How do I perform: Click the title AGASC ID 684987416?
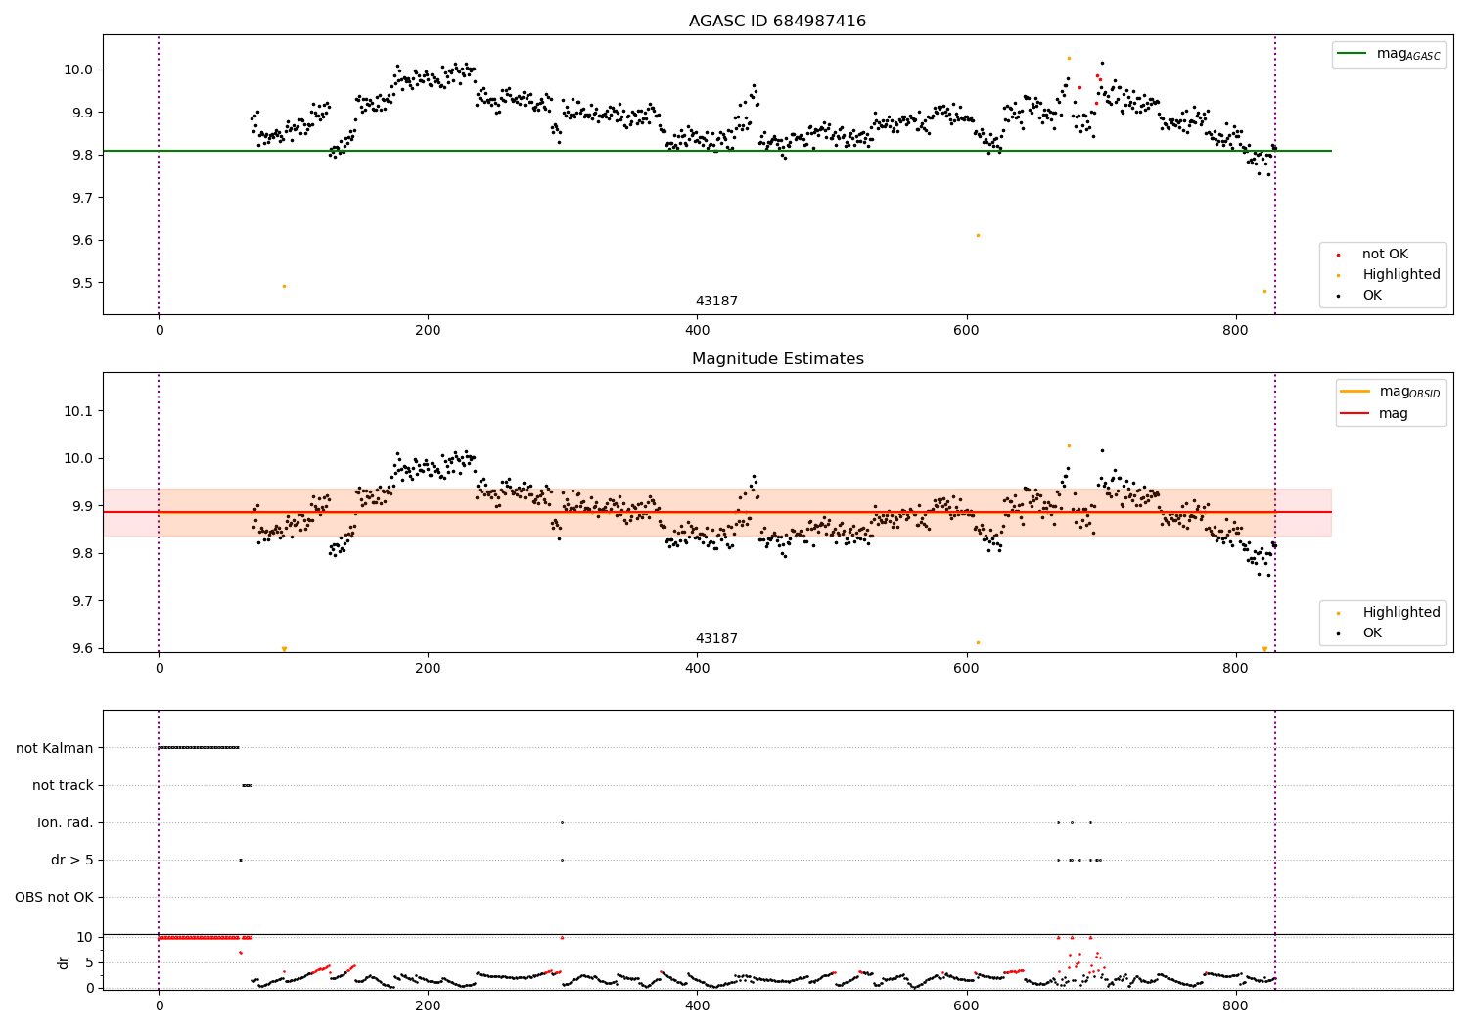point(777,22)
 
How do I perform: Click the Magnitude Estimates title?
point(777,359)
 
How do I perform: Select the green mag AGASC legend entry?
point(1389,54)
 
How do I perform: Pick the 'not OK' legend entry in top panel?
point(1384,255)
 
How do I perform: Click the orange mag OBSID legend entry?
point(1391,392)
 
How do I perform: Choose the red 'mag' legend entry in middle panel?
point(1391,414)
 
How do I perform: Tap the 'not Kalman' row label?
point(55,748)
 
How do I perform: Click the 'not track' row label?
point(63,785)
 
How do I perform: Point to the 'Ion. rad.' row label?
point(66,822)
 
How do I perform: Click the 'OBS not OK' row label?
point(54,897)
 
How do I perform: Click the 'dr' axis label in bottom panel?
point(64,962)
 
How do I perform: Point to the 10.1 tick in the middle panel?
point(77,411)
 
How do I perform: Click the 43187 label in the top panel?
point(716,302)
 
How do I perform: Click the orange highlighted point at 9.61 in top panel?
point(978,235)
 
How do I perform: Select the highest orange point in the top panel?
point(1069,58)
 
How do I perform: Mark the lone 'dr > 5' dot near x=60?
point(240,860)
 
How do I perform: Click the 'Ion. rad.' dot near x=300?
point(562,822)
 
